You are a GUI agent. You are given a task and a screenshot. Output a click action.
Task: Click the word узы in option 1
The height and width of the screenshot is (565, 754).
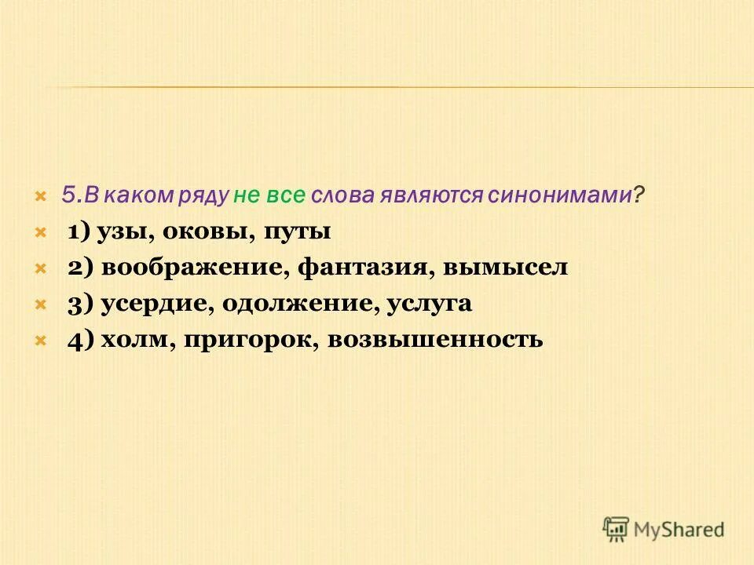pos(125,232)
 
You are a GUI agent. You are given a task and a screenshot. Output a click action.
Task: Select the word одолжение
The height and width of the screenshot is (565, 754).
pos(295,304)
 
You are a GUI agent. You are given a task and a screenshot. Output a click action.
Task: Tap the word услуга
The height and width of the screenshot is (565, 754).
pos(429,304)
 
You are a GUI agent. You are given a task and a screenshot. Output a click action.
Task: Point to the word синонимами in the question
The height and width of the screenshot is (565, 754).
pos(560,196)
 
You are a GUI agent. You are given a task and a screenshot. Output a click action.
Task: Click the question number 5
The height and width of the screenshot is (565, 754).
pos(68,196)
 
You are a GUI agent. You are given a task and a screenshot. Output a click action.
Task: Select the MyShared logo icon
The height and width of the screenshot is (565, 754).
pos(617,529)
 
